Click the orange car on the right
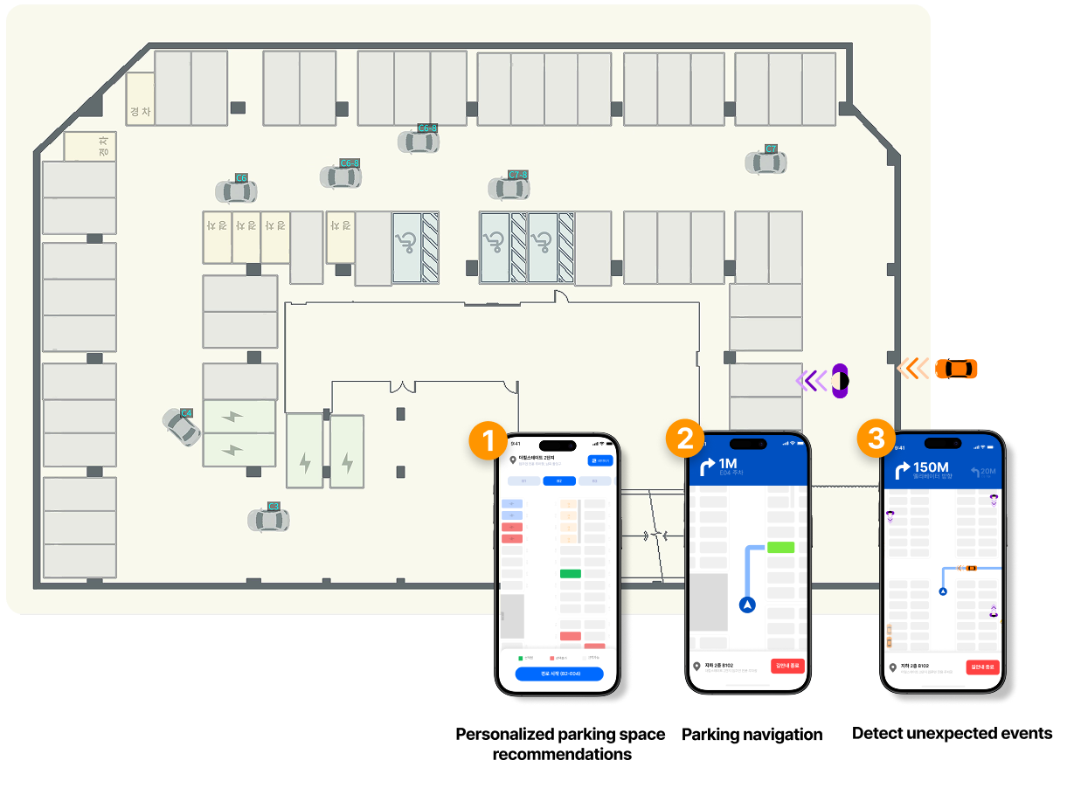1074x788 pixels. coord(956,369)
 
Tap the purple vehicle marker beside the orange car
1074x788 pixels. coord(840,380)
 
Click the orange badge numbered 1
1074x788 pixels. coord(488,440)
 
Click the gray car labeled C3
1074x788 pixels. coord(268,520)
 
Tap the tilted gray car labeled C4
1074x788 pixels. coord(181,427)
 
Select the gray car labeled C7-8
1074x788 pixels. coord(509,187)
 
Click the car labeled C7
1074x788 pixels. coord(766,162)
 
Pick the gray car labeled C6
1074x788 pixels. coord(236,190)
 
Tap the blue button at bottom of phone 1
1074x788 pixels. coord(558,674)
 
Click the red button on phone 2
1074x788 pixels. coord(787,666)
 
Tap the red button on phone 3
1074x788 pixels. coord(983,667)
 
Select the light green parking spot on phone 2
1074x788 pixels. coord(780,548)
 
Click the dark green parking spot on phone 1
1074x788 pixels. coord(570,574)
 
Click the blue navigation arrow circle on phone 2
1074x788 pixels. coord(747,604)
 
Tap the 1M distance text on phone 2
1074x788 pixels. coord(728,463)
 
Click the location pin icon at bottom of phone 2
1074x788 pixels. coord(696,667)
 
